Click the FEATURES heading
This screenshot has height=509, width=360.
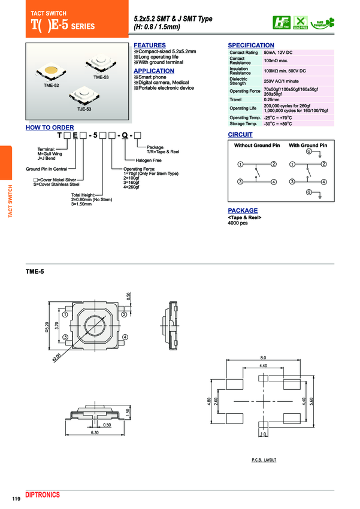(150, 46)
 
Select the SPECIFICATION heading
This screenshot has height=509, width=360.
(251, 46)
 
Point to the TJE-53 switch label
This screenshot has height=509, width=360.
(84, 109)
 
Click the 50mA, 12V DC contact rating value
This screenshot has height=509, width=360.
(279, 53)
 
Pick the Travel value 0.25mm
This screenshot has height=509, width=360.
(271, 99)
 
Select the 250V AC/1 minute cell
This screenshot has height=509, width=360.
(281, 81)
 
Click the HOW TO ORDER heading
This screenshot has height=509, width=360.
(50, 128)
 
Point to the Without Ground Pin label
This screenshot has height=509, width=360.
(256, 146)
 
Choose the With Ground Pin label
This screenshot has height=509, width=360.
(308, 146)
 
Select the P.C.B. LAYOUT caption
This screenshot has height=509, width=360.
(264, 459)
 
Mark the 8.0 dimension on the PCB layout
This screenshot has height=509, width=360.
(262, 357)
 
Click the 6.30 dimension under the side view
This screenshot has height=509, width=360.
(94, 432)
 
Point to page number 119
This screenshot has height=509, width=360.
(16, 499)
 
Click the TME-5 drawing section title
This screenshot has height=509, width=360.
(35, 271)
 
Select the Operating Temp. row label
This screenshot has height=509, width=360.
(244, 117)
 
